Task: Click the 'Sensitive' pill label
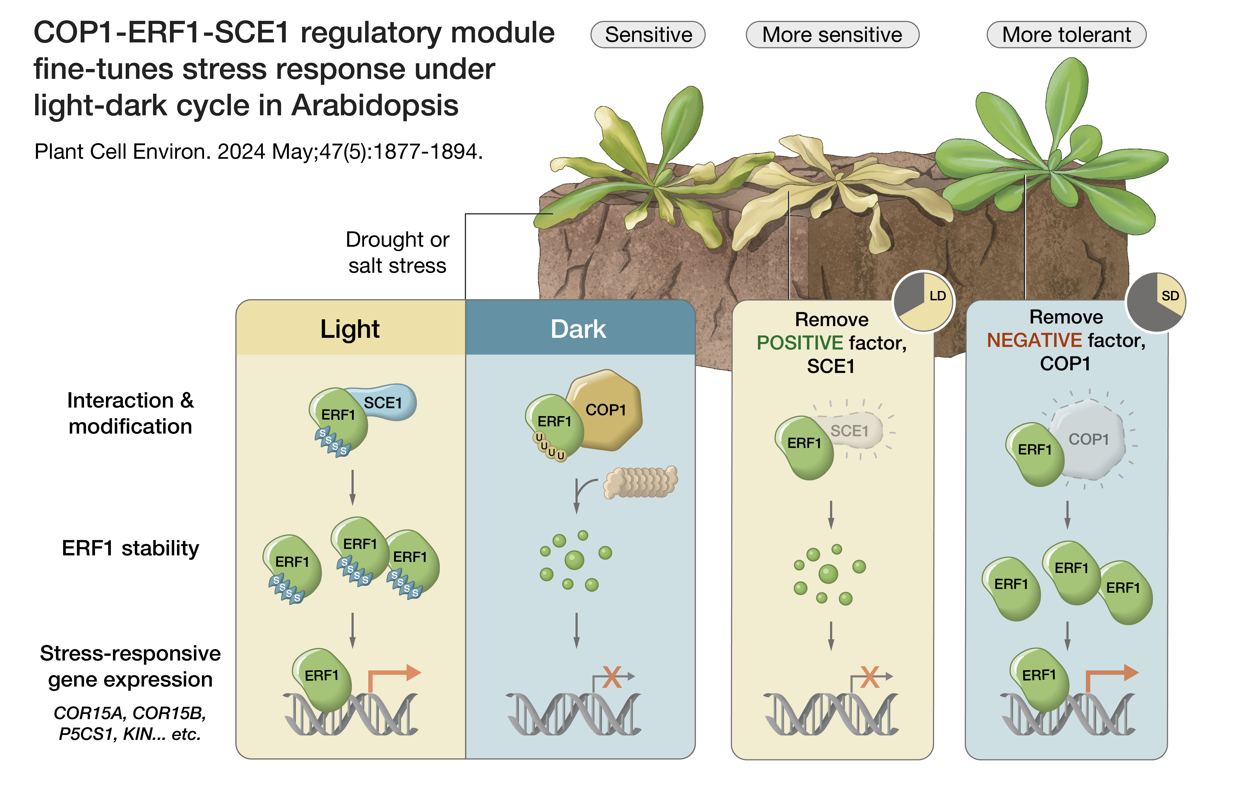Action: click(648, 35)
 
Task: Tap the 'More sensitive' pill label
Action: click(832, 35)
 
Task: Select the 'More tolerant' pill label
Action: click(1066, 35)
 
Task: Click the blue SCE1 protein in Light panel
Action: click(387, 402)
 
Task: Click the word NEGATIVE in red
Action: click(1034, 340)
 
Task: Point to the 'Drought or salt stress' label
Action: click(397, 252)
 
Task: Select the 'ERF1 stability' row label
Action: click(130, 548)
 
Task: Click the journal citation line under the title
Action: click(258, 152)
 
